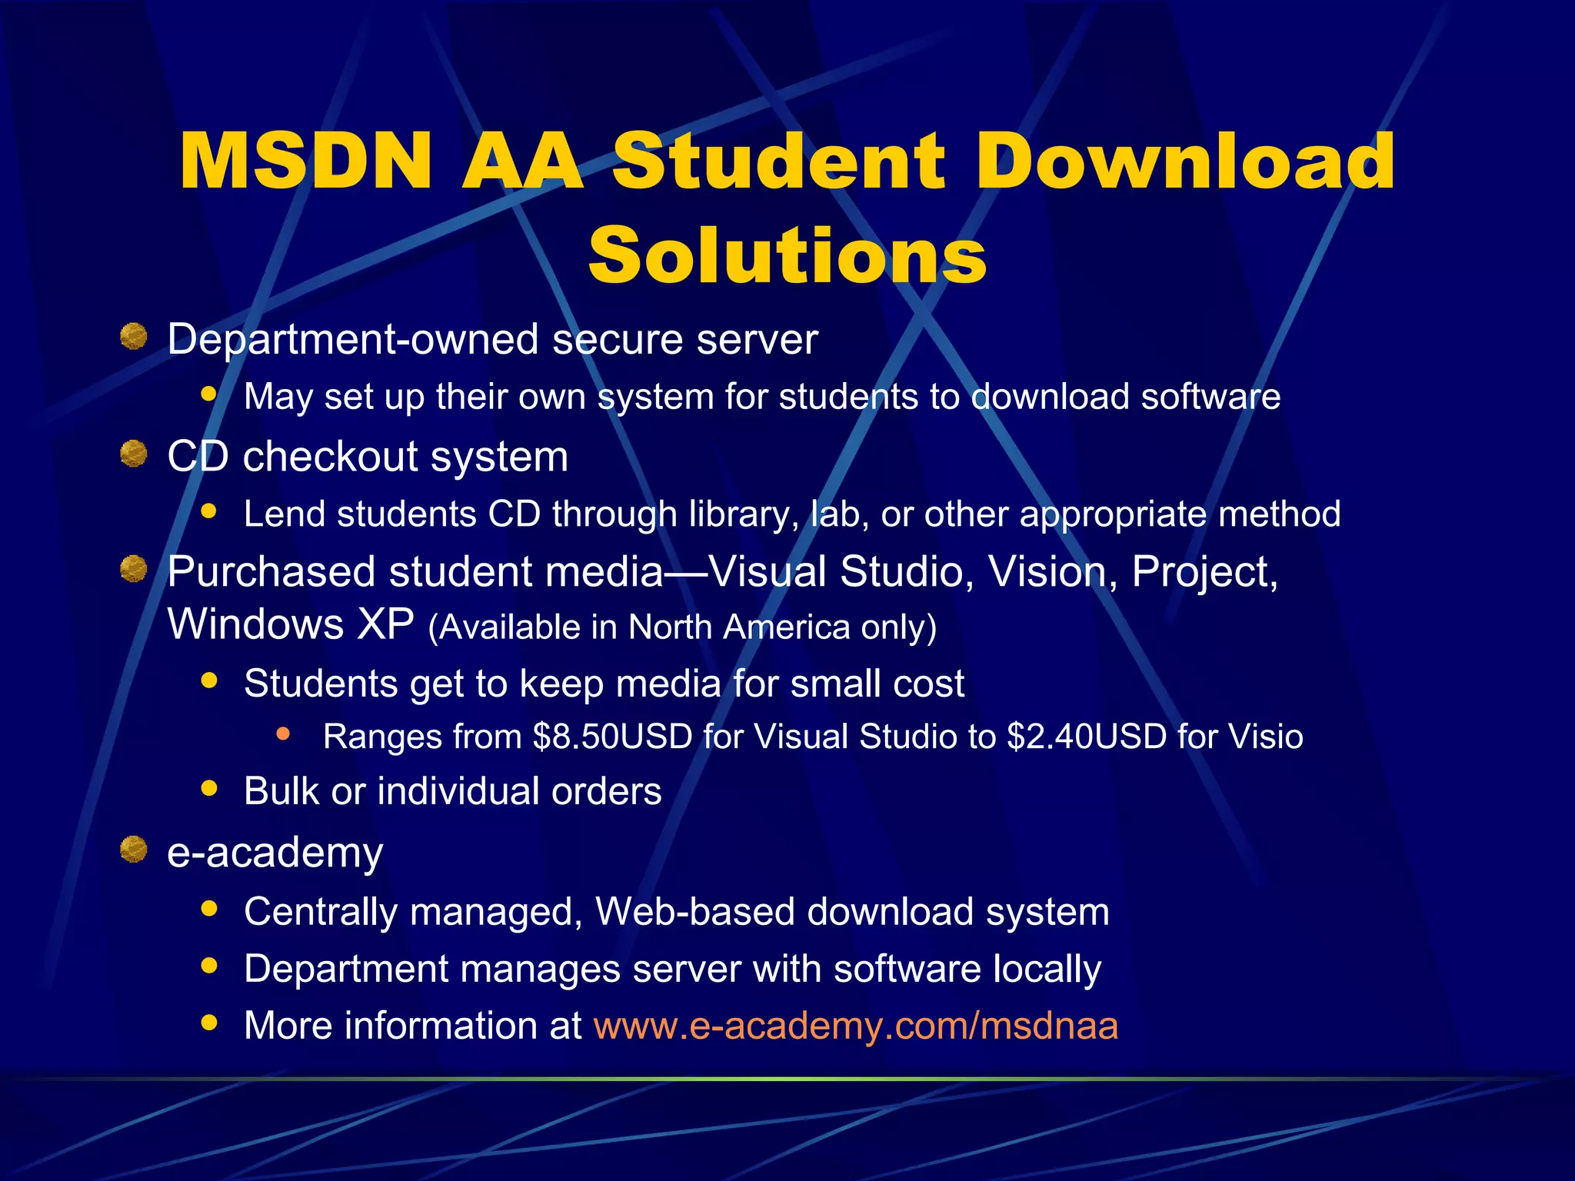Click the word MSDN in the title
coord(305,161)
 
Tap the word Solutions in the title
coord(787,256)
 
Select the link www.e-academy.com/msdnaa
coord(856,1026)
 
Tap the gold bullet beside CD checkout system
coord(134,454)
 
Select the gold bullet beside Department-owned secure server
coord(134,337)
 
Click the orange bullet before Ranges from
coord(283,734)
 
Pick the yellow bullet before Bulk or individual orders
coord(208,788)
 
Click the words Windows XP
coord(291,624)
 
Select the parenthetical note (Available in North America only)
coord(682,627)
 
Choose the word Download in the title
coord(1185,161)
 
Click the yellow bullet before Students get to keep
coord(208,680)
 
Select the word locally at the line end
coord(1047,969)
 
